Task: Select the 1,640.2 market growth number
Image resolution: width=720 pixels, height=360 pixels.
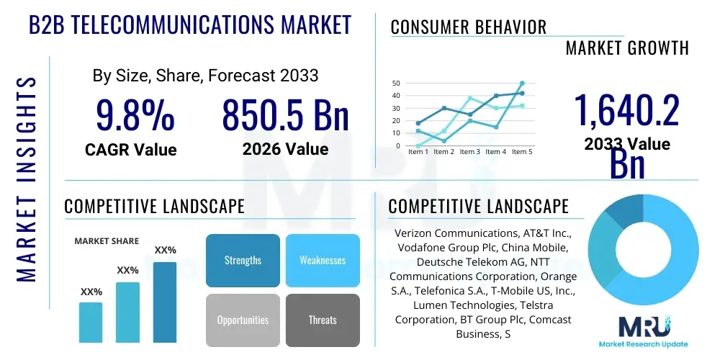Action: coord(626,111)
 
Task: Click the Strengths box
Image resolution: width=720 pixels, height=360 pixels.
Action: coord(243,260)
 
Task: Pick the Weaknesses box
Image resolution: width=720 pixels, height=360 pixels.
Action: coord(323,260)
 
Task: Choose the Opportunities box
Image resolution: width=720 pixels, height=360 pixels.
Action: coord(243,320)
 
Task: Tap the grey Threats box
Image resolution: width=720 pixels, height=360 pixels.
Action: coord(323,320)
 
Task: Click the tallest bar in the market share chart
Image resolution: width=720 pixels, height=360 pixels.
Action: coord(165,302)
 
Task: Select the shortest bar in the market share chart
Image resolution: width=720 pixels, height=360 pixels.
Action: coord(91,322)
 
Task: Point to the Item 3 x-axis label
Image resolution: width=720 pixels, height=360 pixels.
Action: coord(469,152)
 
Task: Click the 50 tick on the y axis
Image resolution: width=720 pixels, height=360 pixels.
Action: coord(396,84)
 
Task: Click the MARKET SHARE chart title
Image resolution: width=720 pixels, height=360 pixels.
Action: coord(107,241)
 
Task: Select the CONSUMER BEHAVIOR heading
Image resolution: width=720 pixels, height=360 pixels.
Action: coord(469,27)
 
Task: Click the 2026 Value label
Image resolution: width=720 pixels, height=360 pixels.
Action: coord(285,149)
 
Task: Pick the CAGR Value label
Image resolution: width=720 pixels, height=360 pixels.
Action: coord(130,149)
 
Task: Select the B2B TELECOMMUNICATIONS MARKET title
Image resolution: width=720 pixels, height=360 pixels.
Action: coord(190,25)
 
